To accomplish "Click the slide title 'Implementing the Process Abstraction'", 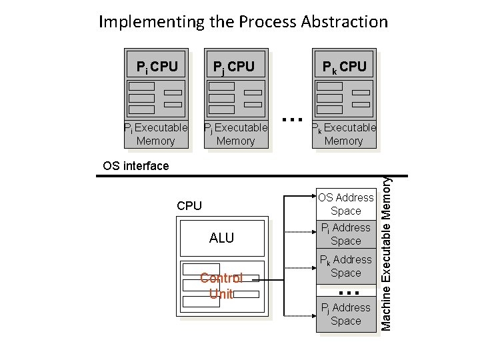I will coord(243,21).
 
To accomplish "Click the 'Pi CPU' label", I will coord(157,67).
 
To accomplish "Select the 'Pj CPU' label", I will coord(233,67).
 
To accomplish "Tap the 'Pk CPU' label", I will coord(344,67).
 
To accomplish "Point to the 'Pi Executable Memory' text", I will coord(155,134).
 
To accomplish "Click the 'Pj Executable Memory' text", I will coord(235,134).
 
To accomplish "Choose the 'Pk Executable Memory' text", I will coord(344,134).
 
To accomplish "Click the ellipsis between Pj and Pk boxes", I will coord(289,120).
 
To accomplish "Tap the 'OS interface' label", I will coord(136,166).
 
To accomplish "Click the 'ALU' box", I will coord(221,238).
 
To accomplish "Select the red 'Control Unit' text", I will coord(221,285).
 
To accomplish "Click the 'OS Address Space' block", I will coord(345,204).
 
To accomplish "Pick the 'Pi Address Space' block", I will coord(345,235).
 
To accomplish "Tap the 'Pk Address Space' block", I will coord(345,266).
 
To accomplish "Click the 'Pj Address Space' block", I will coord(345,314).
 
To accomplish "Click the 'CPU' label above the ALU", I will coord(189,206).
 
